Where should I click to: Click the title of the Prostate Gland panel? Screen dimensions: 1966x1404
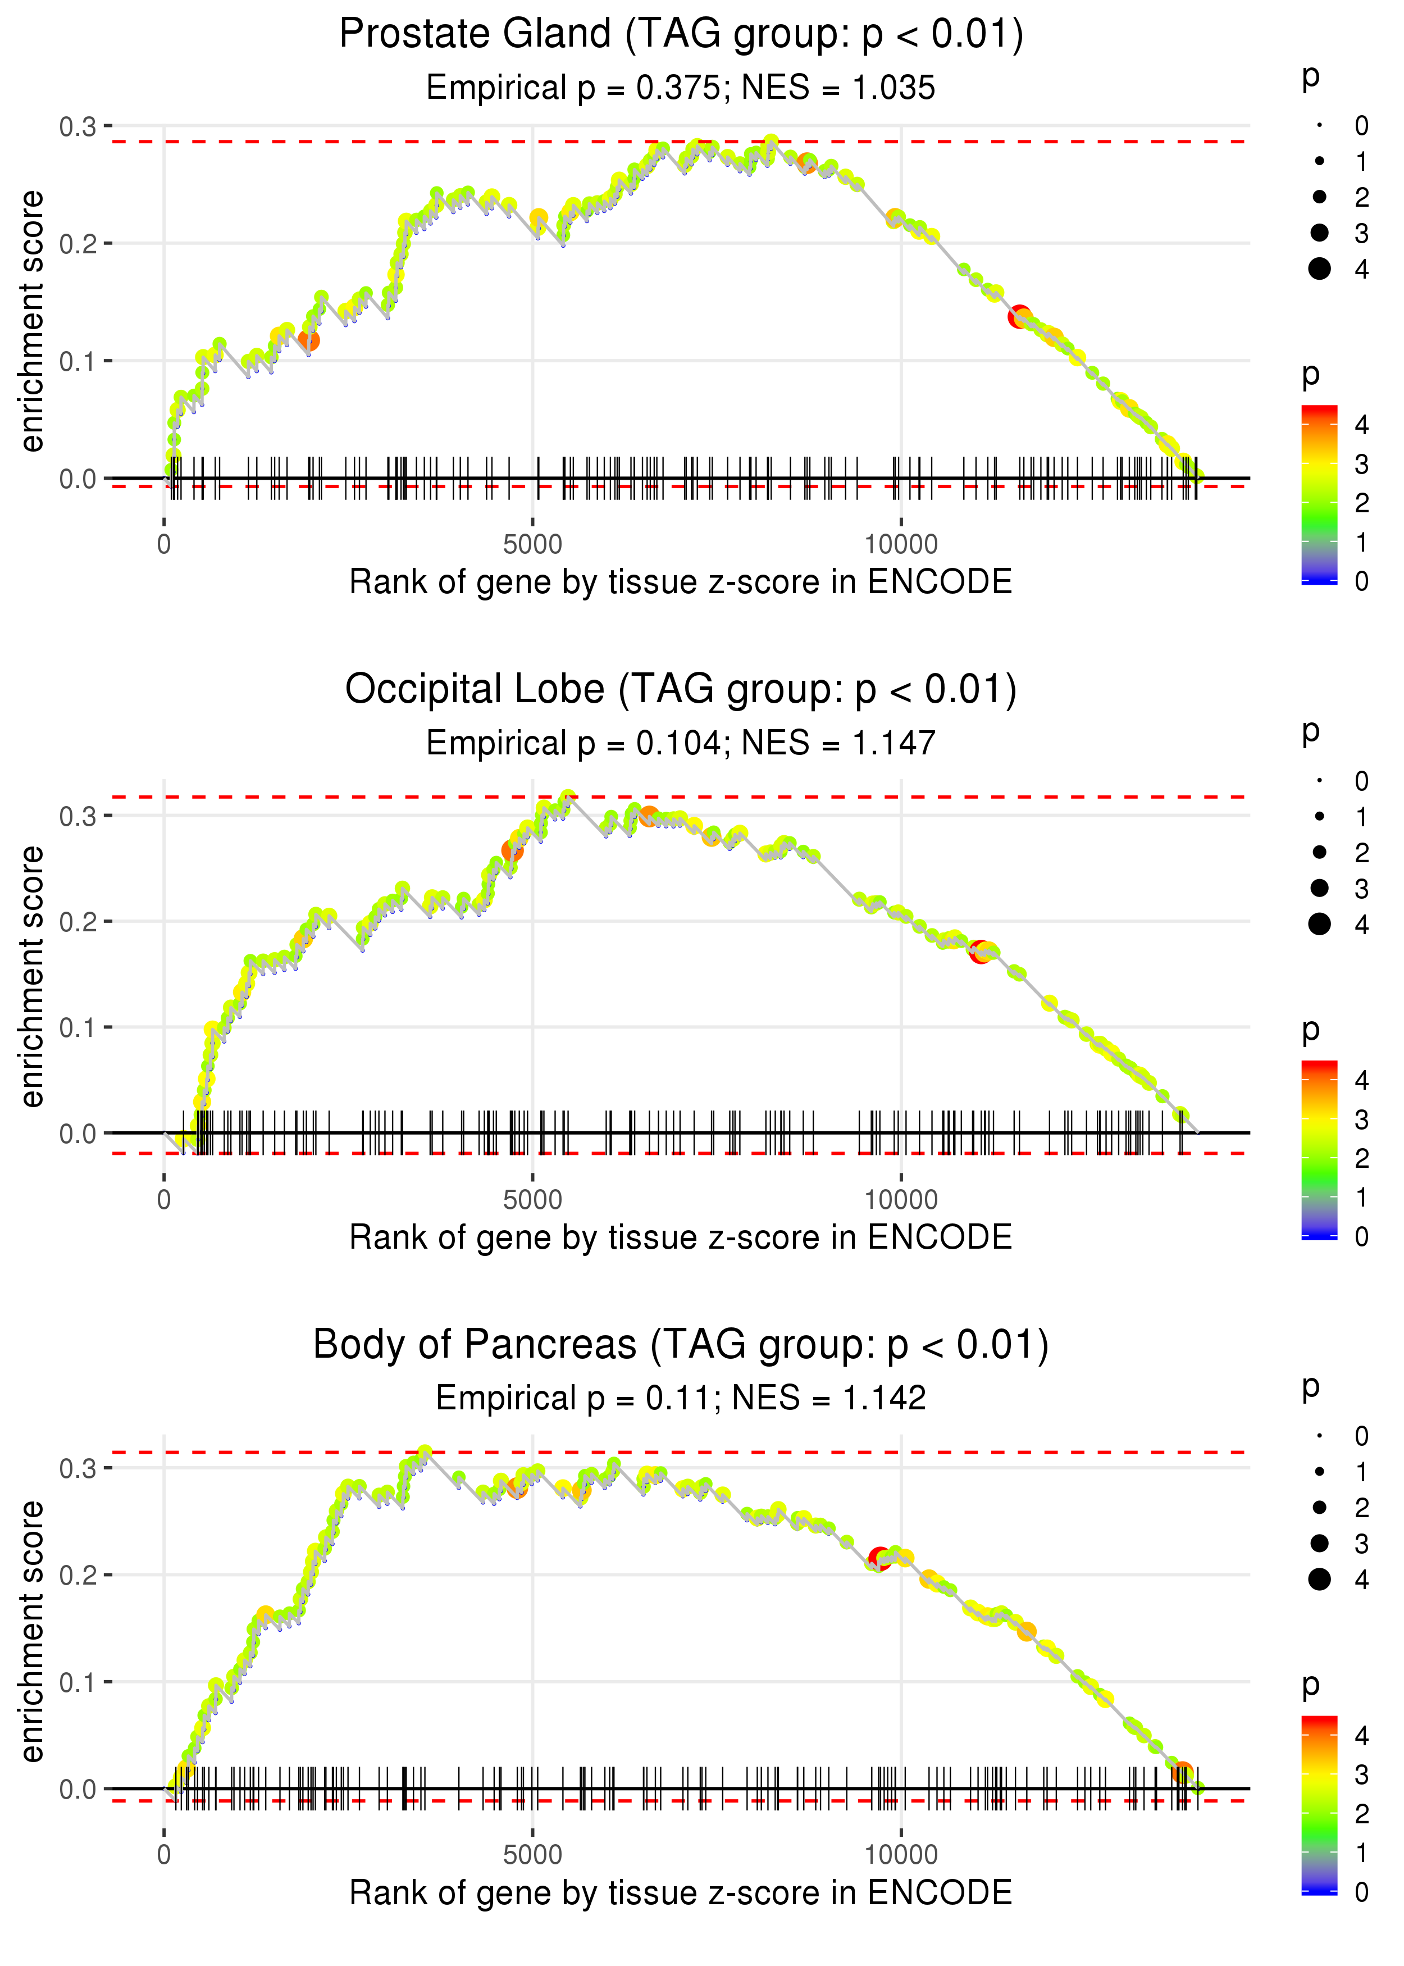click(681, 35)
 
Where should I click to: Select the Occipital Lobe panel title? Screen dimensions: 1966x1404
click(681, 690)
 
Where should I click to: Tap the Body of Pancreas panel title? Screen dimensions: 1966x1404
click(681, 1345)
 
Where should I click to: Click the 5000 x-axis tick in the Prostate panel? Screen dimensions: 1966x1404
click(532, 545)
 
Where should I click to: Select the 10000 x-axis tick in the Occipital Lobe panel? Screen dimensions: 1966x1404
click(901, 1200)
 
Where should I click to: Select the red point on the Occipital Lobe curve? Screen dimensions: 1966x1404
click(979, 952)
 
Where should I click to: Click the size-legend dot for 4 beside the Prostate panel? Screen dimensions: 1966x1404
click(1319, 269)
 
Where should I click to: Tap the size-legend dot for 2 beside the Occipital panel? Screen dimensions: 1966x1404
click(1319, 853)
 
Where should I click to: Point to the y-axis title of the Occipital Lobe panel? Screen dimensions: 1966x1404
click(32, 976)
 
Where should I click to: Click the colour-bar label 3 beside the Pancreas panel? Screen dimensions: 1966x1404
click(1362, 1775)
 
